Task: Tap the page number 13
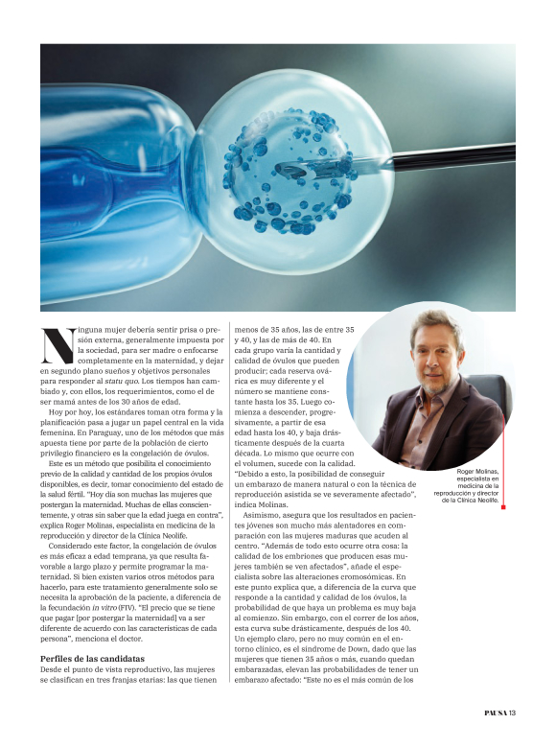[x=513, y=712]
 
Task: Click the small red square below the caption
[x=502, y=507]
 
